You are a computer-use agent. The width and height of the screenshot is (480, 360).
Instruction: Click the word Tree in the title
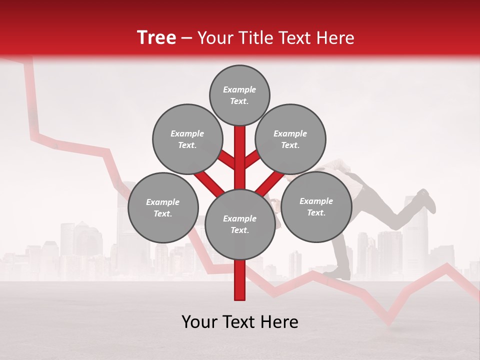coord(156,38)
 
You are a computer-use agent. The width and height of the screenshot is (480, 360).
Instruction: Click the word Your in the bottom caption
coord(199,322)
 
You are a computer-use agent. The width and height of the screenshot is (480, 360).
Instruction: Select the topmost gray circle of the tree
coord(239,95)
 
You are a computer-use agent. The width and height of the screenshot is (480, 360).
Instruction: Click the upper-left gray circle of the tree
coord(187,139)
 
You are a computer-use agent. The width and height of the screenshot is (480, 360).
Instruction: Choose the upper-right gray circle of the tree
coord(290,139)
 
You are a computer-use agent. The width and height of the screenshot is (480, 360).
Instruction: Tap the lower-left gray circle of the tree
coord(163,207)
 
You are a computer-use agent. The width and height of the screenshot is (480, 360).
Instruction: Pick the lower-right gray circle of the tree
coord(316,206)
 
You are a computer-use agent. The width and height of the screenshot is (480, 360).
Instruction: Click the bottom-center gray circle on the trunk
coord(239,224)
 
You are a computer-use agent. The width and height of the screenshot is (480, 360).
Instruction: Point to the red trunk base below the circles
coord(239,282)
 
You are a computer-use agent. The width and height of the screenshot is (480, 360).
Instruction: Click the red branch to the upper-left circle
coord(226,159)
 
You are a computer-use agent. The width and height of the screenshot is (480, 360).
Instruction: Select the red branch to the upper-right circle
coord(253,159)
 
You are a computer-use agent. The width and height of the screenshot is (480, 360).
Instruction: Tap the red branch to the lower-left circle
coord(207,183)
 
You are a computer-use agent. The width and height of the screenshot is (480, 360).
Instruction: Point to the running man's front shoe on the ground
coord(340,273)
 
